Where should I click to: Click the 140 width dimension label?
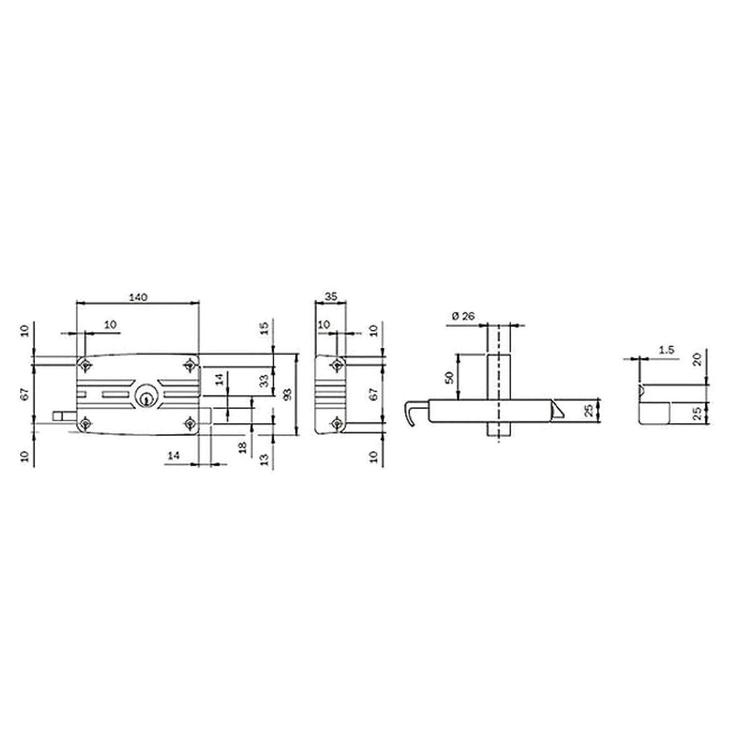coord(138,297)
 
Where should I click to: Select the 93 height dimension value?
coord(288,394)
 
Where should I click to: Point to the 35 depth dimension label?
coord(331,297)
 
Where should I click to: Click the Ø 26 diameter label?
coord(463,316)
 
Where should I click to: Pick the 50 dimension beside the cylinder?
coord(449,377)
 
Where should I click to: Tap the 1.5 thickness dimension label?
coord(666,350)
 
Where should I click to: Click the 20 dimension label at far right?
coord(697,359)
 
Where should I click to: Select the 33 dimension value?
coord(264,380)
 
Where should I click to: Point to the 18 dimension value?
coord(243,447)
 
